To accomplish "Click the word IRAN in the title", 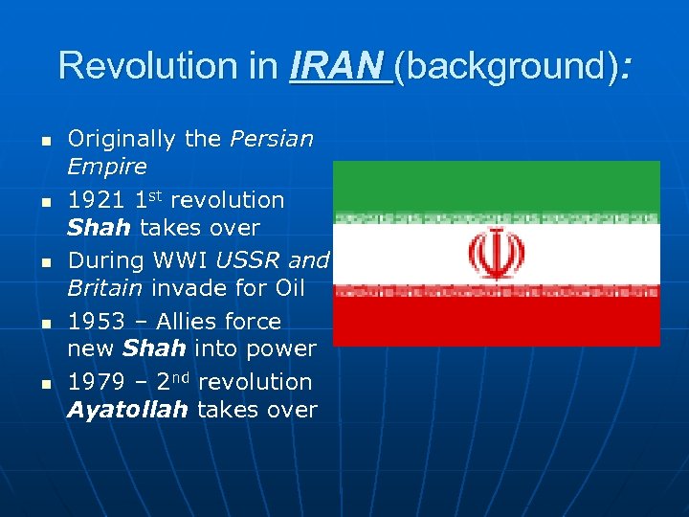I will pyautogui.click(x=341, y=66).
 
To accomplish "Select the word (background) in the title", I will pyautogui.click(x=506, y=66).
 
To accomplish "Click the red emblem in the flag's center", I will pyautogui.click(x=495, y=254).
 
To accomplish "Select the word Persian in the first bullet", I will pyautogui.click(x=271, y=139).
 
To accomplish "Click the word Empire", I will pyautogui.click(x=106, y=167).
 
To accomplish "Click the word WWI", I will pyautogui.click(x=185, y=260).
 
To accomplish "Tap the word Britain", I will pyautogui.click(x=101, y=288).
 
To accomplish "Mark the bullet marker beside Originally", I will pyautogui.click(x=44, y=141).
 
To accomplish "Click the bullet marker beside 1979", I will pyautogui.click(x=44, y=383).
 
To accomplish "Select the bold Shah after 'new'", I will pyautogui.click(x=153, y=348).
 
